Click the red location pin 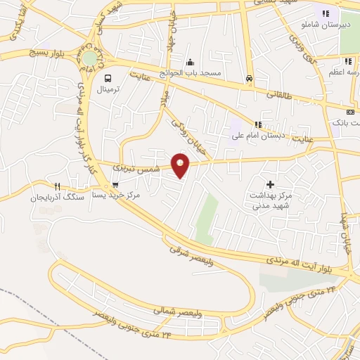[x=181, y=166]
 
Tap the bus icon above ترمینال [x=108, y=79]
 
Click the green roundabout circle [x=91, y=57]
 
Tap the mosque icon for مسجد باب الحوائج [x=190, y=62]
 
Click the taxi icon [x=250, y=79]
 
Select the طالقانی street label [x=279, y=93]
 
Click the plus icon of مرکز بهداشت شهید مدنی [x=270, y=184]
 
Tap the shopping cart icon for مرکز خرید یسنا [x=115, y=185]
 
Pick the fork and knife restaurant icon [x=58, y=187]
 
